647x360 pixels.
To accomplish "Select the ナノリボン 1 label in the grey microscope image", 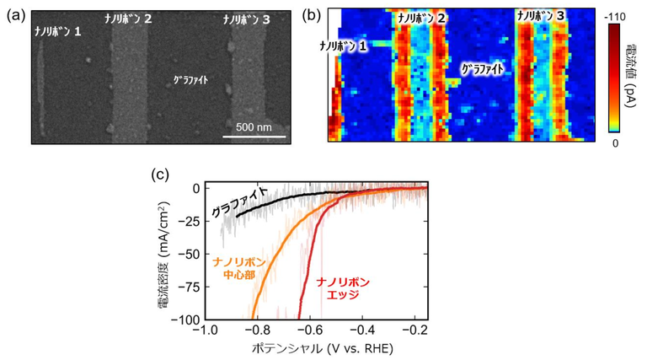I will pyautogui.click(x=58, y=32).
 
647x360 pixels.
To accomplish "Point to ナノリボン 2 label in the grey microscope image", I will pyautogui.click(x=128, y=18).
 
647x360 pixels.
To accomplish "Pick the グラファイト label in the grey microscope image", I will pyautogui.click(x=190, y=81).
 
